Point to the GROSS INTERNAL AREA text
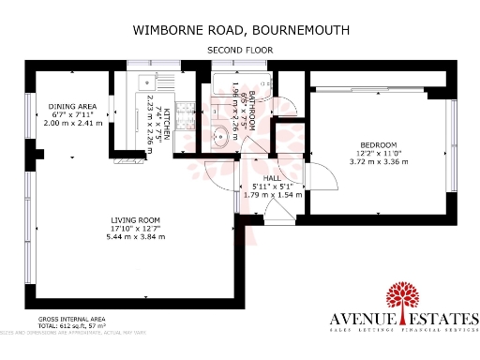pyautogui.click(x=62, y=320)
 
